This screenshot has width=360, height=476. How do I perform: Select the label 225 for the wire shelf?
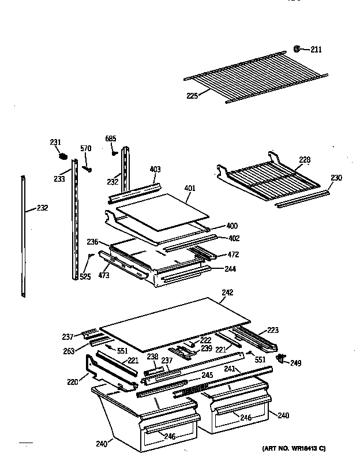tap(192, 96)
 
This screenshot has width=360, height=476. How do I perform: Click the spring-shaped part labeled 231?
tap(64, 155)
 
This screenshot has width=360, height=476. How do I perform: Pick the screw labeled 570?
tap(88, 168)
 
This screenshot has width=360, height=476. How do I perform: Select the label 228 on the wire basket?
tap(305, 160)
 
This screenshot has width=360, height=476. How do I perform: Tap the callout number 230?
tap(336, 178)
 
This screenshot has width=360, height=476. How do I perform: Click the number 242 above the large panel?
tap(227, 293)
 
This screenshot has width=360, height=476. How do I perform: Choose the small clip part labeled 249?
tap(282, 359)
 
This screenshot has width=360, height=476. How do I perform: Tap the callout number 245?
tap(207, 374)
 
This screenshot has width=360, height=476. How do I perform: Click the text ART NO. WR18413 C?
tap(294, 449)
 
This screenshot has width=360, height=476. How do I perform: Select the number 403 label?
tap(155, 169)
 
